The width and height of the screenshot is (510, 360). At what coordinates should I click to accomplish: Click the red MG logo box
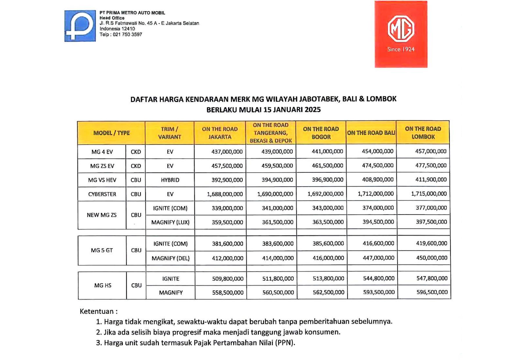[401, 34]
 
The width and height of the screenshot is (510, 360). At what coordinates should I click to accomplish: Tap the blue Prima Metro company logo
[80, 26]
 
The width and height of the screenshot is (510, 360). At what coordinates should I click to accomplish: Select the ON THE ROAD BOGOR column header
[321, 133]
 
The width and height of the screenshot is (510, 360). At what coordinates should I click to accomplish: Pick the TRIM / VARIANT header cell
[169, 133]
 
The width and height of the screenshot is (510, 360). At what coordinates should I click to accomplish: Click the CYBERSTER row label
[102, 194]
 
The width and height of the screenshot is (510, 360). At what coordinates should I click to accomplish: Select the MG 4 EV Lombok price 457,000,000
[431, 151]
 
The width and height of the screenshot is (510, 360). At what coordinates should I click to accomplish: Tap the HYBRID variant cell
[170, 180]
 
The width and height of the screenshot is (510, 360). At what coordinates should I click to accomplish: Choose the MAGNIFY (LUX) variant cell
[170, 222]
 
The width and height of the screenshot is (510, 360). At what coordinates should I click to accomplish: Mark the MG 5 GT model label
[102, 250]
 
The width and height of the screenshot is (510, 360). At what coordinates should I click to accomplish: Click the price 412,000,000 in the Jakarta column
[228, 258]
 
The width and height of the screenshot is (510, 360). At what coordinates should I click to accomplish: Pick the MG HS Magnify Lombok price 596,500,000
[432, 292]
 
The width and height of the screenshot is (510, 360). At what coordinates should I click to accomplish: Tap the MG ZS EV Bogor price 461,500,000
[328, 166]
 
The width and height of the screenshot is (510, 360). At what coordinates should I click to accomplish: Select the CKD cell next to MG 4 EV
[136, 152]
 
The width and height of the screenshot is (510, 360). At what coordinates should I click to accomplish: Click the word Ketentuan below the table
[97, 312]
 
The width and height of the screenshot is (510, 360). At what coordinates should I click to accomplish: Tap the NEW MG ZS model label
[102, 215]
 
